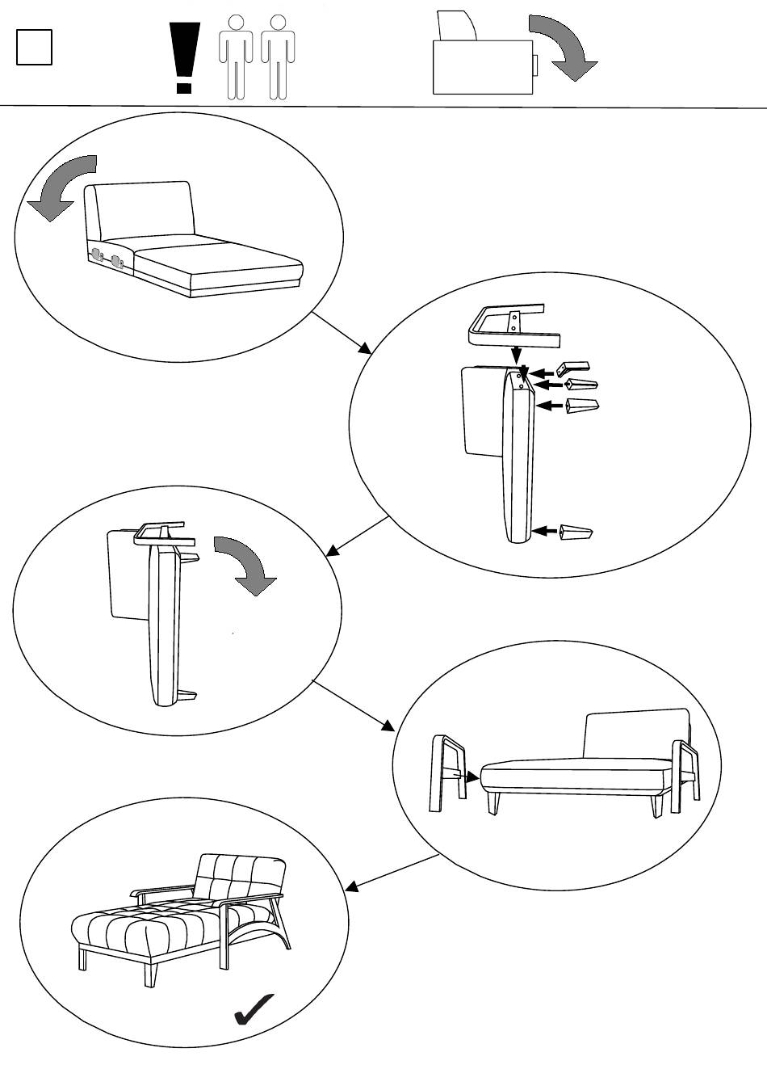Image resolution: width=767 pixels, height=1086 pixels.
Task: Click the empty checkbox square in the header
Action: click(34, 48)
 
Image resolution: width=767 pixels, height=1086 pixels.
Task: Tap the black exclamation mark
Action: click(185, 57)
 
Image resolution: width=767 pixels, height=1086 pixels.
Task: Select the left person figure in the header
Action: click(235, 57)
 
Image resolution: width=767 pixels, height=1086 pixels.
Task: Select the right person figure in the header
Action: click(278, 57)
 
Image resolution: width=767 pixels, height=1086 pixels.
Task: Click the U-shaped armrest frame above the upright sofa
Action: click(506, 323)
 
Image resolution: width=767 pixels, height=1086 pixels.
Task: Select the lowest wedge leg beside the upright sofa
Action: click(576, 532)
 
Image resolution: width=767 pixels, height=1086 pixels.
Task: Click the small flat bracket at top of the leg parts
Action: click(574, 368)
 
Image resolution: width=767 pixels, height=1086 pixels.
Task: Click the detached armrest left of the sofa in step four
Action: click(449, 772)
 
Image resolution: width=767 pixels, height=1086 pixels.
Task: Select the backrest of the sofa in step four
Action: click(635, 735)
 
